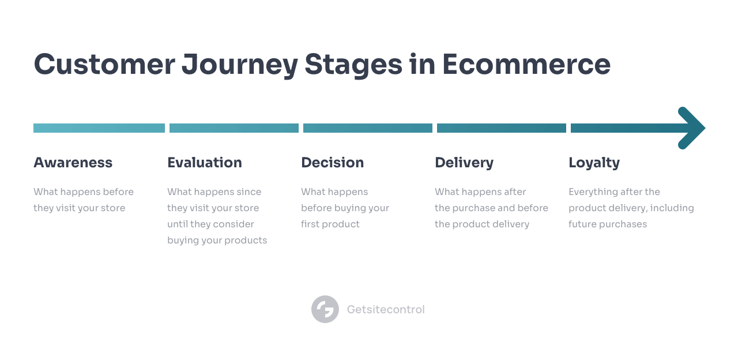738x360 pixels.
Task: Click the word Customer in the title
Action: [104, 64]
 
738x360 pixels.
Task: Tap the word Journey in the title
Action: [240, 66]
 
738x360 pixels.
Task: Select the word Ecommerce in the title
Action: [526, 64]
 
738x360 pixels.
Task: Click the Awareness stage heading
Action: [73, 163]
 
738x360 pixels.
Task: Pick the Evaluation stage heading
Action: [205, 163]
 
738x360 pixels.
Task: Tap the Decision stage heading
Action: [333, 163]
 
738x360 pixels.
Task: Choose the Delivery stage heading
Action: [464, 163]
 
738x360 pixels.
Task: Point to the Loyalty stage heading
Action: [594, 163]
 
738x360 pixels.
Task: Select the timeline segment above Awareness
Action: [99, 128]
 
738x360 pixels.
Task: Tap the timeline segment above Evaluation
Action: [234, 128]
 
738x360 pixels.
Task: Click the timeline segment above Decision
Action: [368, 128]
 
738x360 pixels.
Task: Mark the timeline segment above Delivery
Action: [502, 128]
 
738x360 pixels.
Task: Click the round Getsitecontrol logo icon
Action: [325, 309]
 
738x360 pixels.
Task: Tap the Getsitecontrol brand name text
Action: [386, 309]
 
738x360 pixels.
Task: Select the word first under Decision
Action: [310, 224]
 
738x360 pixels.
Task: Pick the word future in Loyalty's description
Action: [582, 224]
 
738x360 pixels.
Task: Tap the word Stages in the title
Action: [353, 66]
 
